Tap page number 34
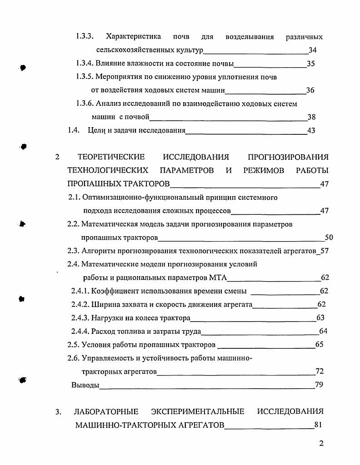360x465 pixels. click(312, 50)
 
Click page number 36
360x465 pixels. click(310, 90)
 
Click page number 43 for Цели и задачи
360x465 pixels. click(311, 131)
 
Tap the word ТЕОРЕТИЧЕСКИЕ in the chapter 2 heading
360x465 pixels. click(111, 157)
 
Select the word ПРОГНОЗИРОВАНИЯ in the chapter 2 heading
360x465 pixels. click(288, 157)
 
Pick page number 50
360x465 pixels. click(329, 237)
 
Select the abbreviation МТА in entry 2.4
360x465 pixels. click(219, 278)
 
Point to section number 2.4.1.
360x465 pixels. click(80, 291)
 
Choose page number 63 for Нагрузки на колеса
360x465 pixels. click(320, 318)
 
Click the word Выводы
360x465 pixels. click(85, 386)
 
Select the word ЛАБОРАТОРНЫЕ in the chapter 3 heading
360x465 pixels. click(106, 412)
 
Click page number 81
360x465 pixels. click(318, 425)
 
